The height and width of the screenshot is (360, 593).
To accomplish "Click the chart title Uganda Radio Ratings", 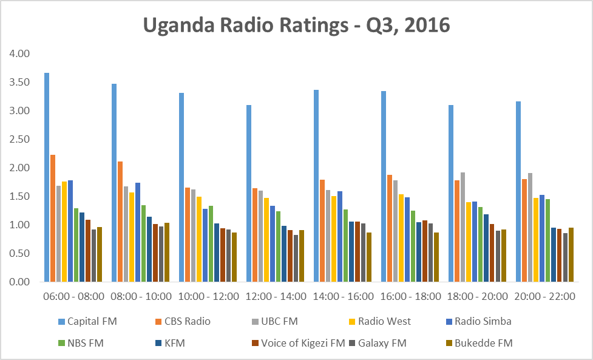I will (x=296, y=25).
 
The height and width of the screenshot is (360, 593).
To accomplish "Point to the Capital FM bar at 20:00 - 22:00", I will (x=518, y=191).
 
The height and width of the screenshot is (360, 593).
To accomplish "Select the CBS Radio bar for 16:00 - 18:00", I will (x=390, y=228).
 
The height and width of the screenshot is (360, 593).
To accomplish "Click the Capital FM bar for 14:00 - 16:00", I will (x=316, y=186).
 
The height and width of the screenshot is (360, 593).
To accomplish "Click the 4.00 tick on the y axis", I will (x=19, y=54).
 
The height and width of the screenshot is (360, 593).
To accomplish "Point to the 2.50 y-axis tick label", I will (x=19, y=140).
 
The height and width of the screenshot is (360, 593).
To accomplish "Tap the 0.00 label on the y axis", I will (x=19, y=282).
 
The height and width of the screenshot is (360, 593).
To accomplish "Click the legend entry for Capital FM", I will (x=92, y=321).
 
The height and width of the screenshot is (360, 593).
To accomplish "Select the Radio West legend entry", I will (x=384, y=321).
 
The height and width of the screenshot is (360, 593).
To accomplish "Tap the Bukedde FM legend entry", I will (x=485, y=343).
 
